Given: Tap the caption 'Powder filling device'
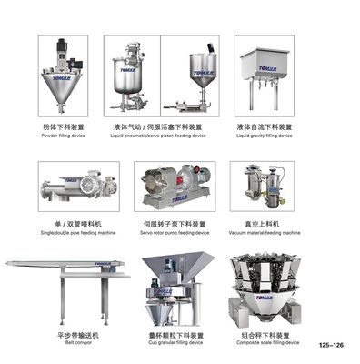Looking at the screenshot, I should [64, 136].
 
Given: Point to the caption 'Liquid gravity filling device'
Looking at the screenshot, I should [264, 136].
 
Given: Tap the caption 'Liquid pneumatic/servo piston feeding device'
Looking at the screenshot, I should [162, 136].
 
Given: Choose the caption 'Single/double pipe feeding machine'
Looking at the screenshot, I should [78, 231].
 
